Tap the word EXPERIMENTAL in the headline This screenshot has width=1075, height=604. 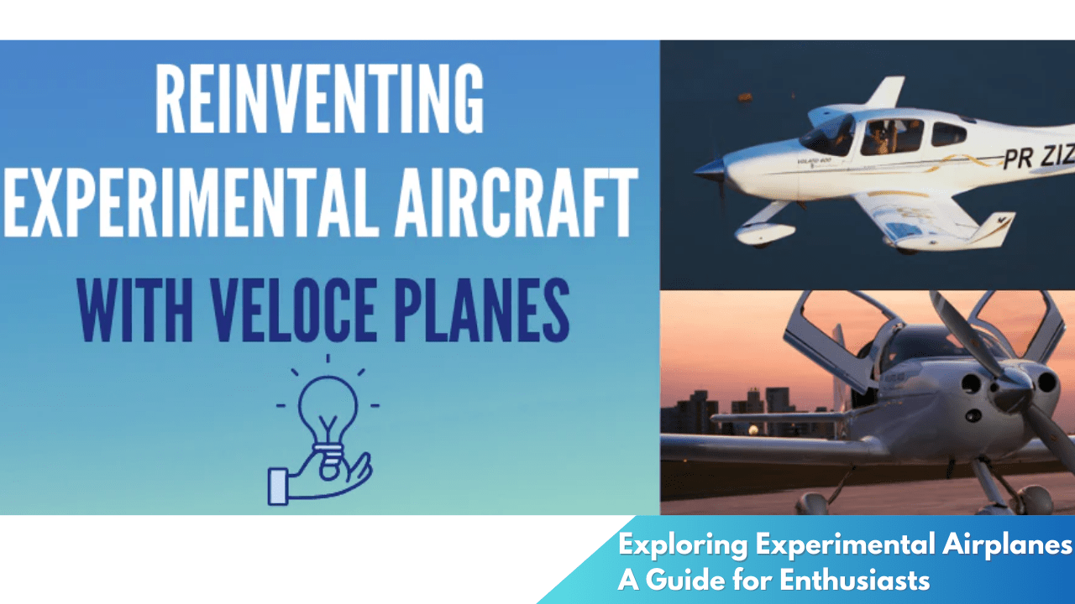pyautogui.click(x=188, y=203)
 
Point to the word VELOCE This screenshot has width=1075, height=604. pyautogui.click(x=294, y=310)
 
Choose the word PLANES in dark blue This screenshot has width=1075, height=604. pyautogui.click(x=482, y=310)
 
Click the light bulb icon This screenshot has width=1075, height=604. pyautogui.click(x=328, y=421)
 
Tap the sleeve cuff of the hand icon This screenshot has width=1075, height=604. pyautogui.click(x=278, y=486)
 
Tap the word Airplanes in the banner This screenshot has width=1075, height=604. pyautogui.click(x=1007, y=545)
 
